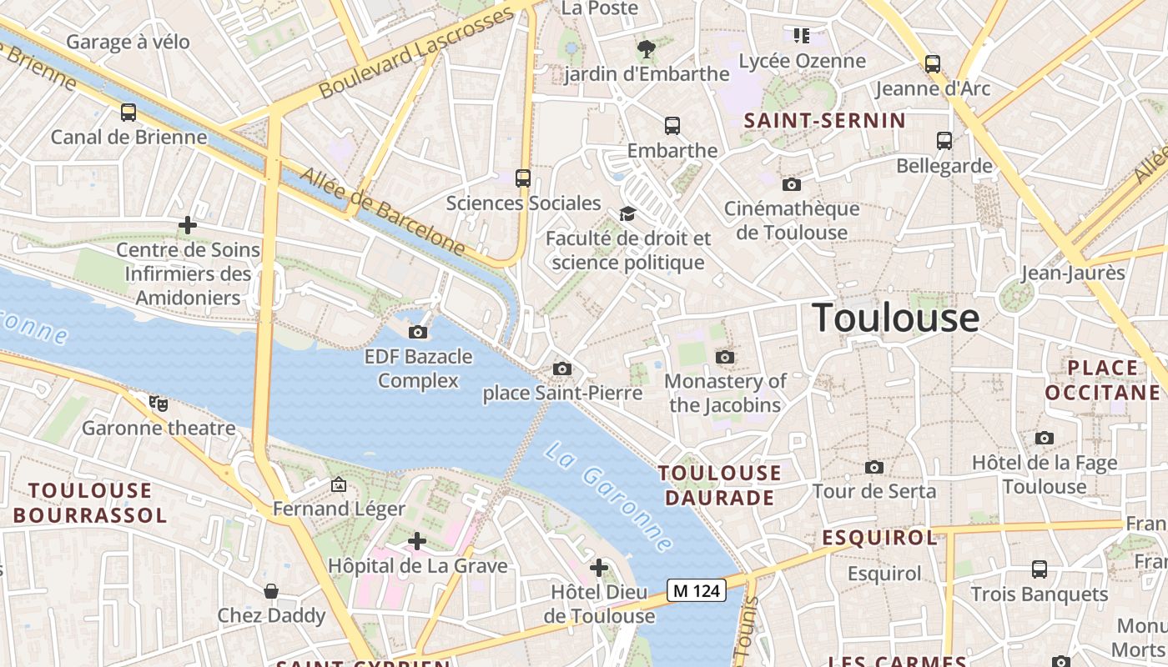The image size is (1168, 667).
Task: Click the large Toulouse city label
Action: click(895, 318)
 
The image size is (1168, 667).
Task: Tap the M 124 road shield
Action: click(696, 591)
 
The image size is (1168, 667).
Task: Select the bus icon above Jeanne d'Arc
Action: click(933, 63)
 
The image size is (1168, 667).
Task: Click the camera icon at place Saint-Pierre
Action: click(562, 369)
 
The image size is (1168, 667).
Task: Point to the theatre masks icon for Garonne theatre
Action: click(159, 404)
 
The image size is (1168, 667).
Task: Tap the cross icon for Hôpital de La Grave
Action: click(417, 541)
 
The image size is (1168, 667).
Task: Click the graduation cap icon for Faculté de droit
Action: click(627, 214)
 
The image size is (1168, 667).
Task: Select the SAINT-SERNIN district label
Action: click(824, 121)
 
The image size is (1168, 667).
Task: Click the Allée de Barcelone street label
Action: click(382, 210)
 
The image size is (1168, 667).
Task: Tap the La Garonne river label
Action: click(608, 496)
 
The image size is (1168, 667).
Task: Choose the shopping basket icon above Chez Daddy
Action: click(271, 591)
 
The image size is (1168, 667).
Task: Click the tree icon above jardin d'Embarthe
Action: click(646, 48)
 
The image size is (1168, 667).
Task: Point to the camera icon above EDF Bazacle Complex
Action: click(418, 332)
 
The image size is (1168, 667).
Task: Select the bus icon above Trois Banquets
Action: click(1040, 569)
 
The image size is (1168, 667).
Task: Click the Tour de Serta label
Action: click(874, 491)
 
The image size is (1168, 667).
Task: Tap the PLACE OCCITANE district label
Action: click(1102, 380)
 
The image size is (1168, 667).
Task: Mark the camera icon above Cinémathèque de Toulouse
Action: click(791, 184)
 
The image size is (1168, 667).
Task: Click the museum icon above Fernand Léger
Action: click(338, 484)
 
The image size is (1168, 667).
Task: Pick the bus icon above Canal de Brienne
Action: click(128, 112)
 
